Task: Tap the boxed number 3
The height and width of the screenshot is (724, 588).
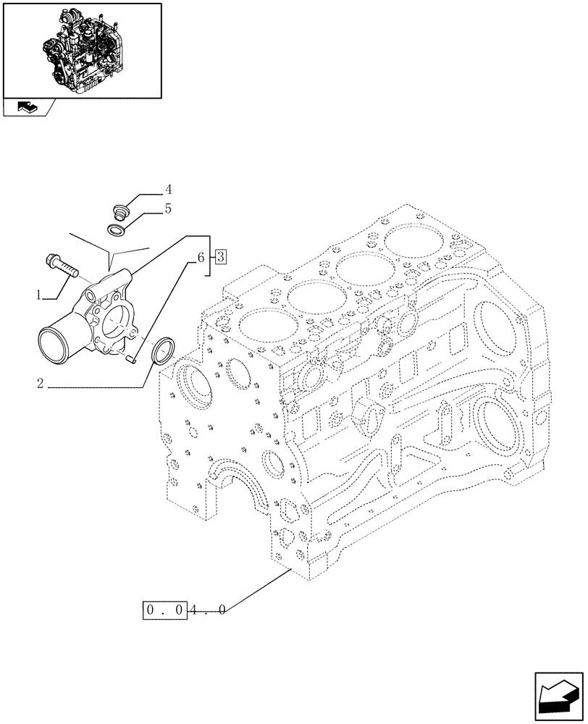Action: (220, 256)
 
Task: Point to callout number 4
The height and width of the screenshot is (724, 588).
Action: (168, 190)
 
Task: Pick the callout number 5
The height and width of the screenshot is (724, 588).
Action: (168, 210)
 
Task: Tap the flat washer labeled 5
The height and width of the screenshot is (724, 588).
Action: (116, 231)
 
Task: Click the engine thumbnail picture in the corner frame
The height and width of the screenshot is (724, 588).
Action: (83, 49)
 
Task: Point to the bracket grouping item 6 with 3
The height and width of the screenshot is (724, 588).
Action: (209, 256)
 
